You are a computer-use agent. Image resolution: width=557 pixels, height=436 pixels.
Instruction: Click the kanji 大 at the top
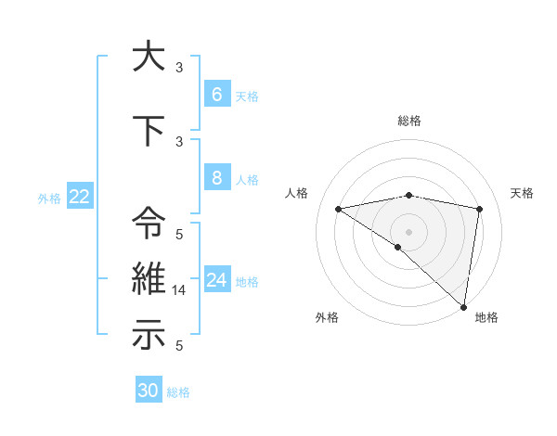pos(149,57)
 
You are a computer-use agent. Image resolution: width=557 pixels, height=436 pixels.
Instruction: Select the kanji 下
pos(149,131)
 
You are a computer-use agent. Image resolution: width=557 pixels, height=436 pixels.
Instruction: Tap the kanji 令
pos(149,224)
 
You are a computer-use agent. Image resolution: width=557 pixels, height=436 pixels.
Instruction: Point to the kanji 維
pos(149,279)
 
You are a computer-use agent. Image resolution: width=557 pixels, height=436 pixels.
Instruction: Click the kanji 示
pos(149,335)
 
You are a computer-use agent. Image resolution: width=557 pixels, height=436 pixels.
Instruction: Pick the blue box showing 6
pos(216,94)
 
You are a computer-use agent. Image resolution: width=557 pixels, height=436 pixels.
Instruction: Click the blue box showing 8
pos(216,178)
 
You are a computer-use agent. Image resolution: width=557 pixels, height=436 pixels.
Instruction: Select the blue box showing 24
pos(216,280)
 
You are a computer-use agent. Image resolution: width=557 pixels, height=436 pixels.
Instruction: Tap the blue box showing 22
pos(79,197)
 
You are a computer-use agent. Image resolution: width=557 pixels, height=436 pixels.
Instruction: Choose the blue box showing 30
pos(149,391)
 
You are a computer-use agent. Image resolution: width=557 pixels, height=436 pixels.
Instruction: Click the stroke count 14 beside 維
pos(180,290)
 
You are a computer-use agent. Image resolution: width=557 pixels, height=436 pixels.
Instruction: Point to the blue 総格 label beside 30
pos(178,392)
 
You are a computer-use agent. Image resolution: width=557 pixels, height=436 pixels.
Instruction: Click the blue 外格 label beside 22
pos(49,198)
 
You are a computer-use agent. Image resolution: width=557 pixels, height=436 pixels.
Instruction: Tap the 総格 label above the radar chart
pos(408,121)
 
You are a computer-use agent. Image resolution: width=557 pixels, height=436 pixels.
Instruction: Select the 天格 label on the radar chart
pos(522,193)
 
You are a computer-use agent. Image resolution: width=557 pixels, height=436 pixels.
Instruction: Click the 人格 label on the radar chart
pos(297,193)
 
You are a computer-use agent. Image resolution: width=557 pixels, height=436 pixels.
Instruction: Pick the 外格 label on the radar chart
pos(326,317)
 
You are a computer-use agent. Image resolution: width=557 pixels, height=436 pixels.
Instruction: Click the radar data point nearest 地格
pos(464,306)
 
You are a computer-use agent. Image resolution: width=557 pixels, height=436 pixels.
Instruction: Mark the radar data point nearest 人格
pos(338,209)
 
